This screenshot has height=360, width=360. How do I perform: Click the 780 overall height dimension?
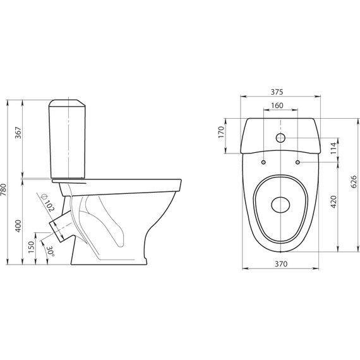click(x=4, y=189)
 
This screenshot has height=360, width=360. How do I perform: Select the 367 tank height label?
click(x=18, y=133)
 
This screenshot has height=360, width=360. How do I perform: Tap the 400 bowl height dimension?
click(x=18, y=226)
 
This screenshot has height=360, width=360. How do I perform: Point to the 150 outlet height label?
click(x=32, y=247)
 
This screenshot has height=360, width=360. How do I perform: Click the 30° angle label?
click(x=51, y=251)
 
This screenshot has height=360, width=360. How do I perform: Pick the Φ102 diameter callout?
click(x=47, y=203)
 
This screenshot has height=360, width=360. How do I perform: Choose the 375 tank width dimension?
click(x=277, y=92)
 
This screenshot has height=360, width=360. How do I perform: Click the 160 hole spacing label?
click(x=277, y=105)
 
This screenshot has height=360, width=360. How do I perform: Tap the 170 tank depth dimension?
click(x=221, y=132)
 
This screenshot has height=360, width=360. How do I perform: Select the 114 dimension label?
click(x=333, y=148)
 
